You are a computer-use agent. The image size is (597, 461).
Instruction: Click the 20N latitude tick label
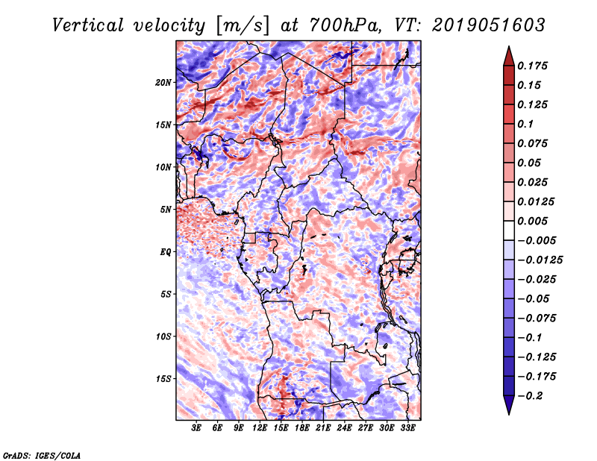[x=163, y=82]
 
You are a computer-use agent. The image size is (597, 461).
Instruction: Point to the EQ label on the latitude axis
[x=166, y=251]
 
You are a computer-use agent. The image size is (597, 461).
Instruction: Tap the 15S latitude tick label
[x=163, y=379]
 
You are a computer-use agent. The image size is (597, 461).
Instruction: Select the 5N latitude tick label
[x=166, y=210]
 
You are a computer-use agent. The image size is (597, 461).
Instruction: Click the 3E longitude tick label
[x=196, y=428]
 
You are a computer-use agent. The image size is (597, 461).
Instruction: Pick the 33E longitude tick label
[x=407, y=428]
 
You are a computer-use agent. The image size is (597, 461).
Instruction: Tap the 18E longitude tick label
[x=302, y=428]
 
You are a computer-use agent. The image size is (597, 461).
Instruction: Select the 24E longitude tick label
[x=344, y=428]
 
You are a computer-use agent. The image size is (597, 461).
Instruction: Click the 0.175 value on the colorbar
[x=532, y=66]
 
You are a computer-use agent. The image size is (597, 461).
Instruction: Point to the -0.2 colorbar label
[x=529, y=396]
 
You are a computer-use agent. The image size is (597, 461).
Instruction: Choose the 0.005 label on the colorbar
[x=532, y=221]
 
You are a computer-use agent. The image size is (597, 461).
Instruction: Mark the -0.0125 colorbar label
[x=540, y=260]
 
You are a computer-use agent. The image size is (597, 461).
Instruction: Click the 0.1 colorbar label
[x=525, y=124]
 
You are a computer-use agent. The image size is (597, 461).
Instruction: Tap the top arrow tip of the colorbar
[x=509, y=46]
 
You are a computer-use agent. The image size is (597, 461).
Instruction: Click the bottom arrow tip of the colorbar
[x=509, y=414]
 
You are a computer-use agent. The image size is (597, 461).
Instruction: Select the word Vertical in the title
[x=88, y=25]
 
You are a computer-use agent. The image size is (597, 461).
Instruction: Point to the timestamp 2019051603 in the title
[x=489, y=25]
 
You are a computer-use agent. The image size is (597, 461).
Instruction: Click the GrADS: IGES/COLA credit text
[x=42, y=456]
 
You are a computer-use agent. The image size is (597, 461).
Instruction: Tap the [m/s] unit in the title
[x=243, y=25]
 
